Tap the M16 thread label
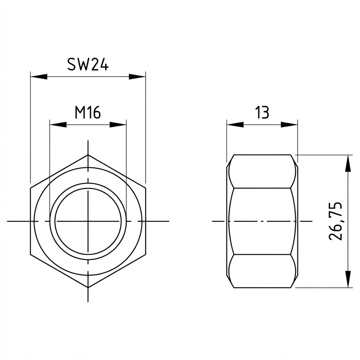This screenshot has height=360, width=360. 88,112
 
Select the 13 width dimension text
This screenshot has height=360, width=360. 262,112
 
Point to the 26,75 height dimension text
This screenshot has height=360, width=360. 335,221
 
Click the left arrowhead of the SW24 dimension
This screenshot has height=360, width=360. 39,77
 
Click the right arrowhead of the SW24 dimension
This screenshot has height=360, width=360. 137,77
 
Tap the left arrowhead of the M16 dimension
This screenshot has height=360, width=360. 58,125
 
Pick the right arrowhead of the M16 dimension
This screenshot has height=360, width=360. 118,125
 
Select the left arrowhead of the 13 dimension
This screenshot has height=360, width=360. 235,125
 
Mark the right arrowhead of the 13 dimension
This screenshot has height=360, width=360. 289,125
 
